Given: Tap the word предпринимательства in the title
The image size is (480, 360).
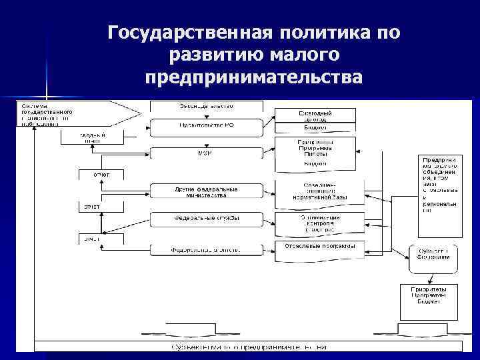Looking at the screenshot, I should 254,77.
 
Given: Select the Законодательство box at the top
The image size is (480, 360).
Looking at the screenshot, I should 206,106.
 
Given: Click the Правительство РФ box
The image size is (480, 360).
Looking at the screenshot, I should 206,125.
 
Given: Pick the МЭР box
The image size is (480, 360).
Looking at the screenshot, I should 206,153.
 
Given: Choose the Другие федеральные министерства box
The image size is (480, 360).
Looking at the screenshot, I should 206,192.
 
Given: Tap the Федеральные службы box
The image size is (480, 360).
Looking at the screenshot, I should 206,219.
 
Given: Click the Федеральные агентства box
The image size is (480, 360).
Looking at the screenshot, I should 206,250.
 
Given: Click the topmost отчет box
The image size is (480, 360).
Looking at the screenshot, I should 92,175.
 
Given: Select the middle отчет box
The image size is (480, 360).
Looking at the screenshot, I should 92,207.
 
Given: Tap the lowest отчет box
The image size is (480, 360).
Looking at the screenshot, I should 92,239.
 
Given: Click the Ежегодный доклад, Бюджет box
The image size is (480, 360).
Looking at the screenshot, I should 315,120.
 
